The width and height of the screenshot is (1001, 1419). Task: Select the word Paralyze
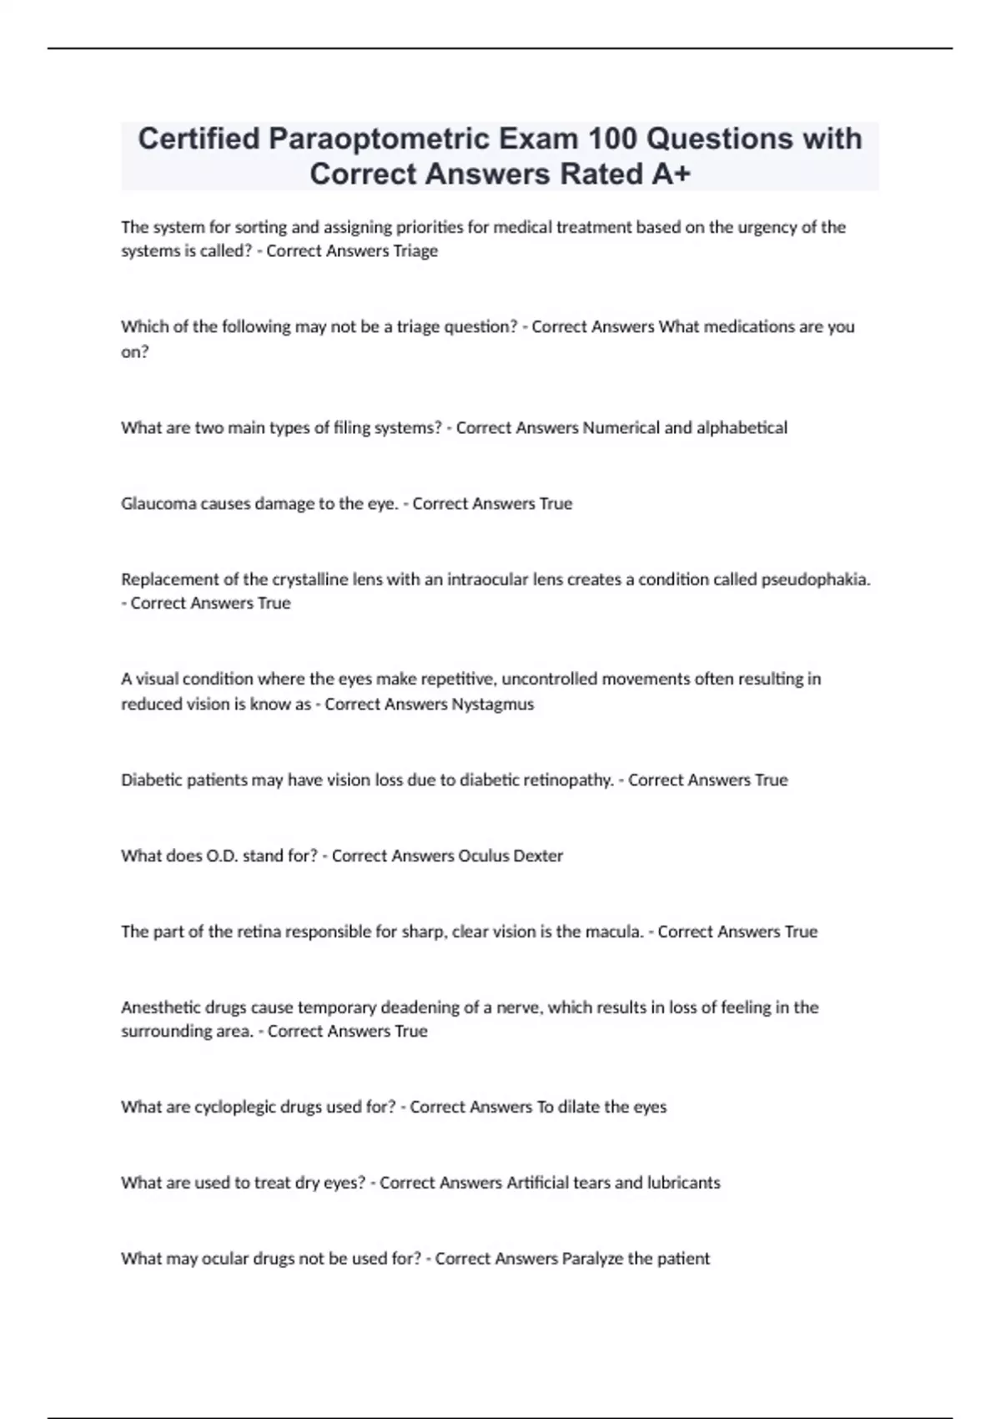coord(592,1259)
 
